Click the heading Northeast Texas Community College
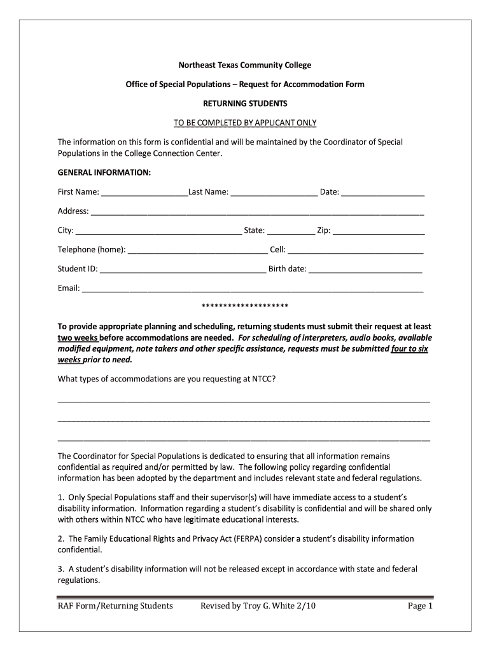pos(245,65)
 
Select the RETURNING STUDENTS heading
pos(245,103)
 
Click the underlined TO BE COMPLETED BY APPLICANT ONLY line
pos(245,122)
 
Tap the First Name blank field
pos(144,192)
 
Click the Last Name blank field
pos(274,192)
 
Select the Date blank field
pos(382,192)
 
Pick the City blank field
pos(158,230)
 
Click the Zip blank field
pos(379,230)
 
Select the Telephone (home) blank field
pos(197,250)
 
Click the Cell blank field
pos(355,250)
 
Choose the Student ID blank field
pos(183,269)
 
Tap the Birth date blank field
pos(365,269)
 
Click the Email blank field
pos(253,288)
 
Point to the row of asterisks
pos(245,305)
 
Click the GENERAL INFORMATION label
pos(104,172)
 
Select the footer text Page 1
pos(420,606)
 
